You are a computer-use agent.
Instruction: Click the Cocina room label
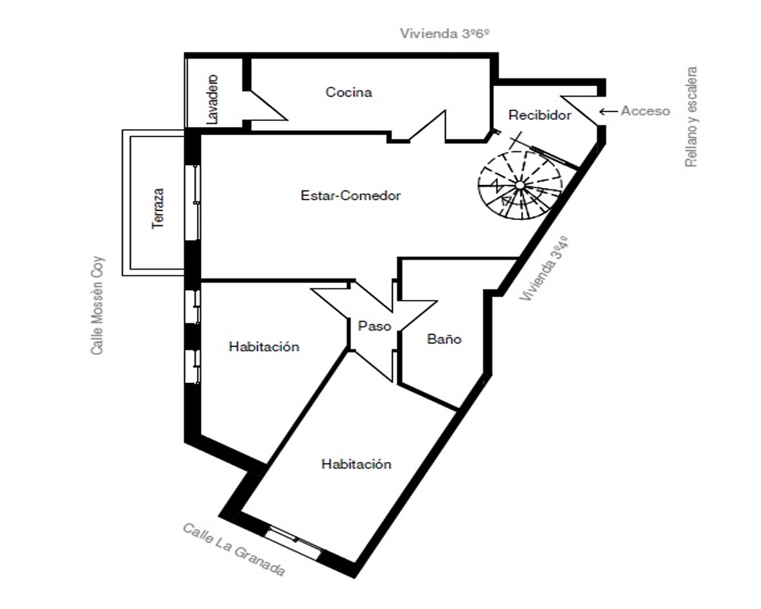pos(349,92)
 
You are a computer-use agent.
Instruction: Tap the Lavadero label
pos(212,99)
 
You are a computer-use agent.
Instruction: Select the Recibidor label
pos(540,115)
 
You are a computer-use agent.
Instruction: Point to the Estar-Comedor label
pos(350,196)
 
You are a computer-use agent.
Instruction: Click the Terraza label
pos(158,209)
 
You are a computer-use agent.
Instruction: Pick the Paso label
pos(374,326)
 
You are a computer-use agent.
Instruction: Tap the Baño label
pos(444,339)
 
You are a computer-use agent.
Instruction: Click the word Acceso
pos(645,111)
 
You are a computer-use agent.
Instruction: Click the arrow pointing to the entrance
pos(608,111)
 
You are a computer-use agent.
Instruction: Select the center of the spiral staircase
pos(520,184)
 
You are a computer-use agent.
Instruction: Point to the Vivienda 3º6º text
pos(444,33)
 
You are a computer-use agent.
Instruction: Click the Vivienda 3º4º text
pos(543,268)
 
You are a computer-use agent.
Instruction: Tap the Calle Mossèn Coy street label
pos(97,305)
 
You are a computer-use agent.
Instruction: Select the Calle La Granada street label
pos(234,550)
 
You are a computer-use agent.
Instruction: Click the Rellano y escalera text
pos(691,117)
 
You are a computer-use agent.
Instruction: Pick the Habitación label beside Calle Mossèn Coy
pos(264,347)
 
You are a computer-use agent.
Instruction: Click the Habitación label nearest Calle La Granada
pos(356,464)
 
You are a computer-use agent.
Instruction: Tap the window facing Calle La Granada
pos(294,542)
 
